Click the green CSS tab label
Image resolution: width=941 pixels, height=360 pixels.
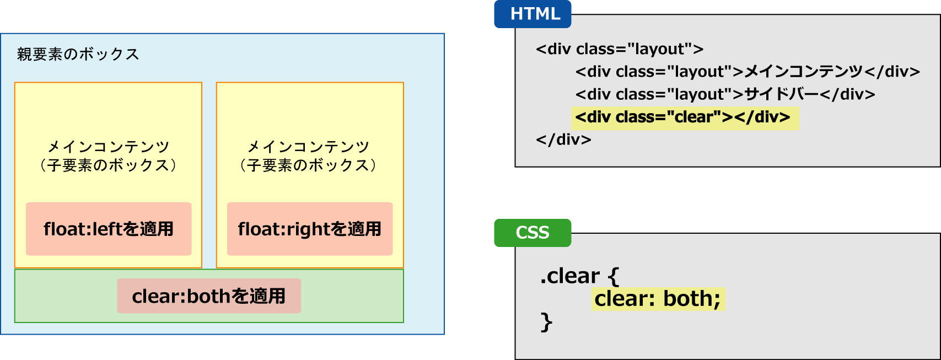[x=533, y=233]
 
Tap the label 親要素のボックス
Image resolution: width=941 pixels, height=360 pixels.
[x=78, y=54]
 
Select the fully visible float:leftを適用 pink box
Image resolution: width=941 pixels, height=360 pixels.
[x=109, y=229]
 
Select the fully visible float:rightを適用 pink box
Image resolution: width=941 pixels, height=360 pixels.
[x=310, y=229]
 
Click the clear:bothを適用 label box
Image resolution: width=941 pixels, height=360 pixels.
[x=209, y=296]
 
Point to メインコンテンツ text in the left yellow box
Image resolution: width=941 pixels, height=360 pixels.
[x=108, y=147]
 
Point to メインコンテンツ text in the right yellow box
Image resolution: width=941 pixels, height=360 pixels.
[x=308, y=147]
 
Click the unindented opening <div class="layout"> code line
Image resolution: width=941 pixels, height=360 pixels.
[x=620, y=49]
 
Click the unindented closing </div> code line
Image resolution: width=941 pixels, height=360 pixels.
[x=563, y=139]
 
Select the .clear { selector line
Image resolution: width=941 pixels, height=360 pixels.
[x=579, y=276]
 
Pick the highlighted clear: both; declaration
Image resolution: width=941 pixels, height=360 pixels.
[x=658, y=299]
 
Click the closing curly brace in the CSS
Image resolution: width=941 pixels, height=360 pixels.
[x=546, y=322]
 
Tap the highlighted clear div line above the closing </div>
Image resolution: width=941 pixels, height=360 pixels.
[x=683, y=117]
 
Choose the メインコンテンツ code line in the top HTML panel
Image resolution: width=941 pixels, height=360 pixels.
[x=748, y=72]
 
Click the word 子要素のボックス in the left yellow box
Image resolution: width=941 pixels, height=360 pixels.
[x=108, y=165]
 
